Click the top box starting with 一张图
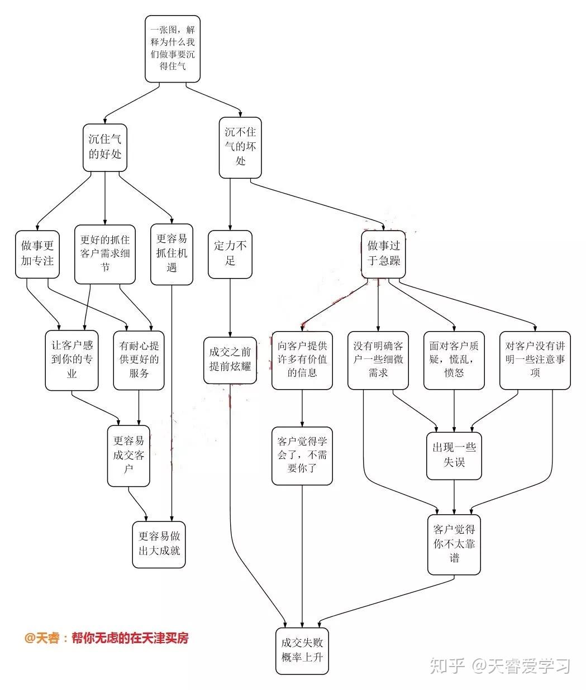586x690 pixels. (x=173, y=48)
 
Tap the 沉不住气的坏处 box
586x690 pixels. (x=240, y=146)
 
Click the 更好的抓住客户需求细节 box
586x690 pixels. (x=105, y=253)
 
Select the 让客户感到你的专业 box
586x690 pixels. (x=72, y=360)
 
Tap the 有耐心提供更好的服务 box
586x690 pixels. (x=139, y=360)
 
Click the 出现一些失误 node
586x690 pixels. (x=454, y=455)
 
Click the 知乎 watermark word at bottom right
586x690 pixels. (x=447, y=665)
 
